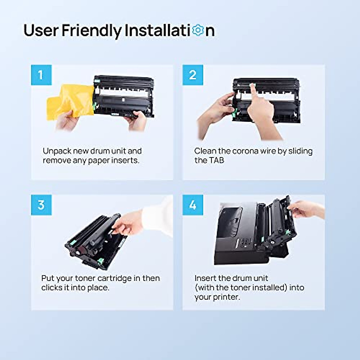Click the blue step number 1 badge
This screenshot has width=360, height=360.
pyautogui.click(x=41, y=75)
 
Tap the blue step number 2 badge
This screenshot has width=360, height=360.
pyautogui.click(x=193, y=75)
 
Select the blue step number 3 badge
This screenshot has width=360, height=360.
pyautogui.click(x=41, y=205)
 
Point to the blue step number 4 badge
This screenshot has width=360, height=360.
pyautogui.click(x=193, y=205)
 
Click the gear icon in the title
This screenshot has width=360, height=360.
pyautogui.click(x=198, y=30)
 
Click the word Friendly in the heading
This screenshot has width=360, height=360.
pyautogui.click(x=91, y=31)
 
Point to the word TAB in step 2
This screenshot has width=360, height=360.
pyautogui.click(x=217, y=160)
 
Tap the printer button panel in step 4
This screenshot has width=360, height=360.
pyautogui.click(x=245, y=242)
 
